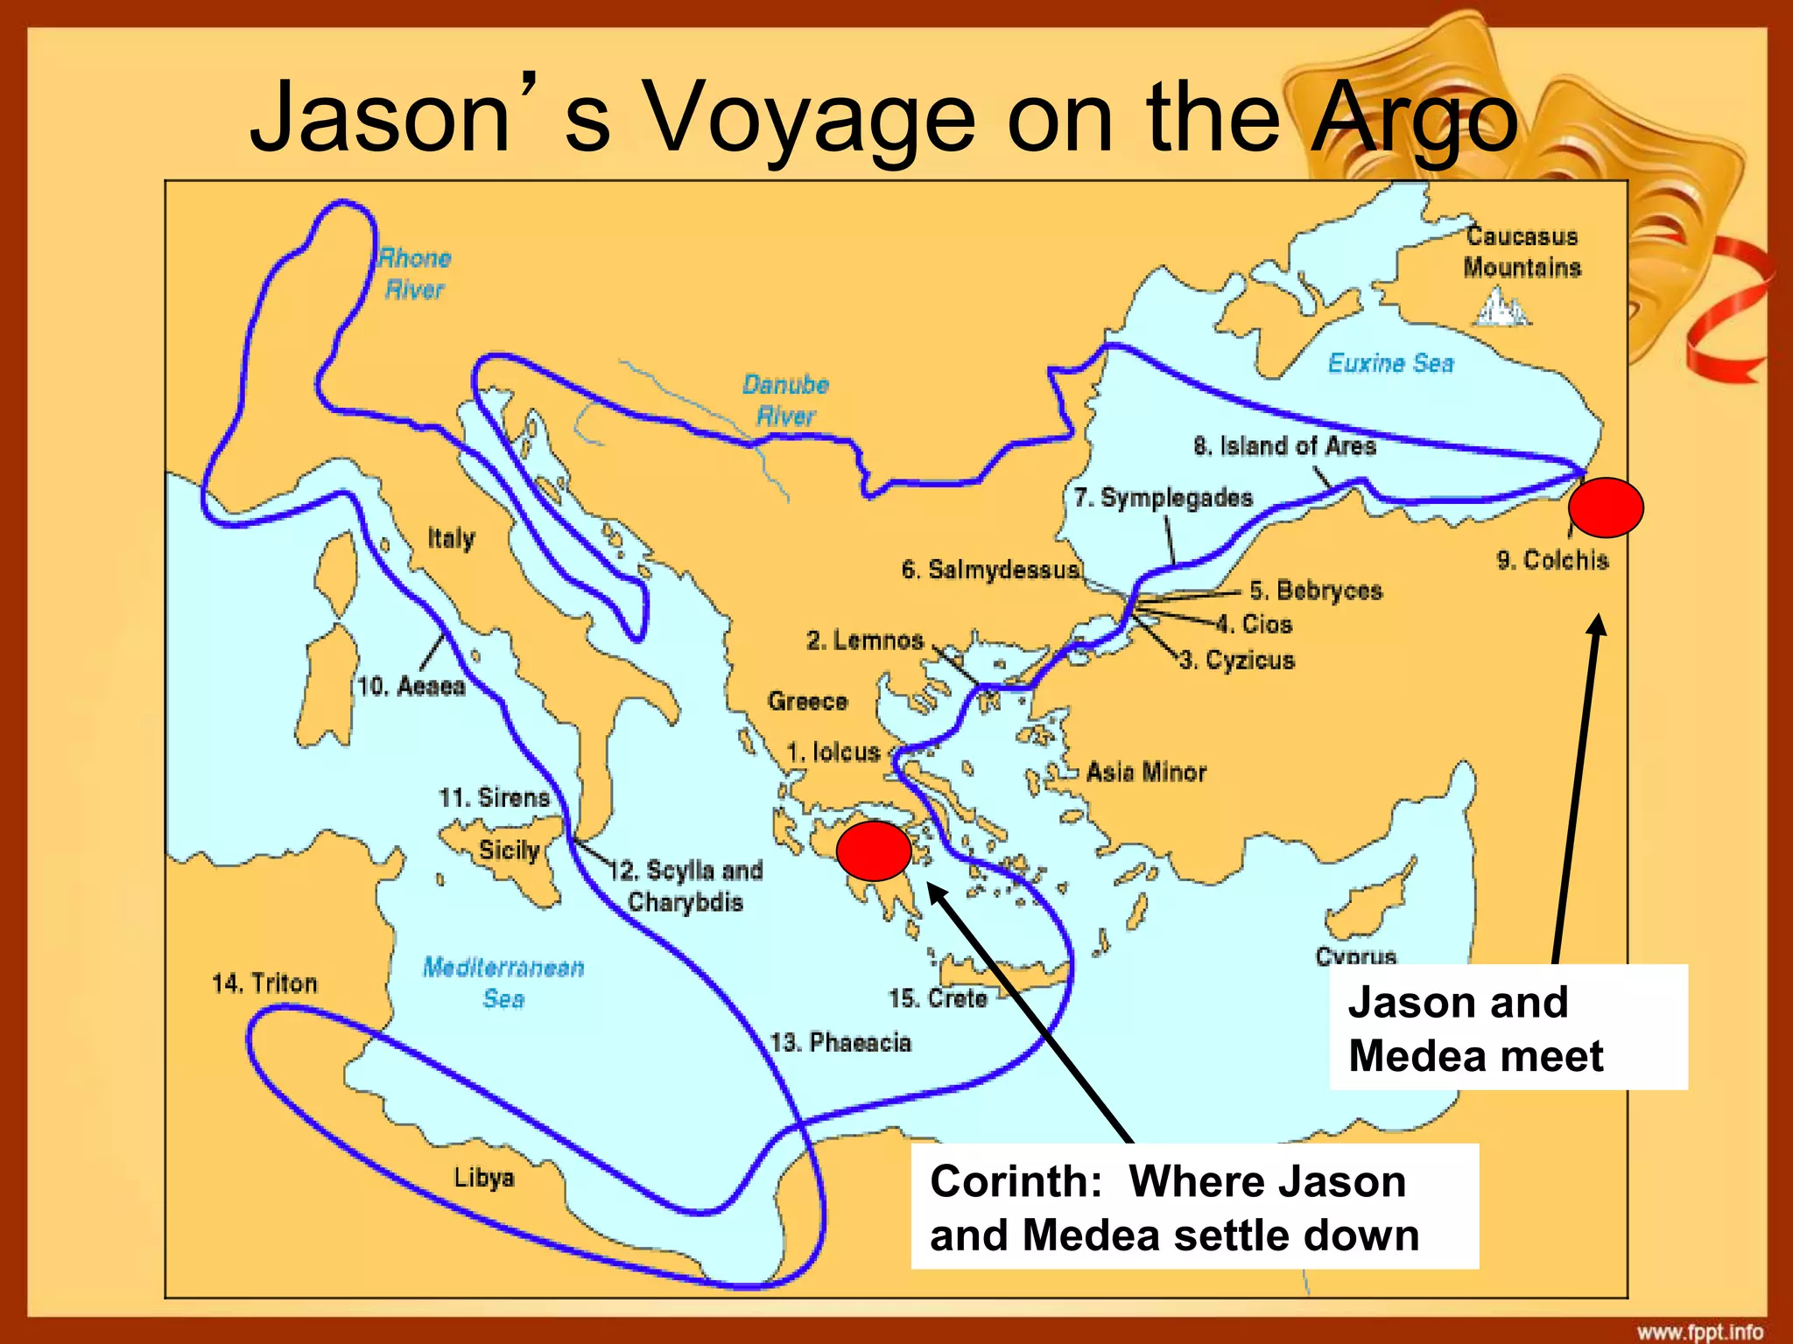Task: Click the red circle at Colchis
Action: pyautogui.click(x=1605, y=507)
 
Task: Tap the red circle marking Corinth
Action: pyautogui.click(x=874, y=850)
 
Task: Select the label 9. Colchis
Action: pyautogui.click(x=1552, y=560)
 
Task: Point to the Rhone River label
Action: pyautogui.click(x=414, y=273)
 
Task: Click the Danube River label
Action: pyautogui.click(x=785, y=400)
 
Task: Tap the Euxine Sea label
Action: pyautogui.click(x=1390, y=363)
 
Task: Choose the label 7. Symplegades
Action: pyautogui.click(x=1164, y=498)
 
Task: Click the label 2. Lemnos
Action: pyautogui.click(x=865, y=640)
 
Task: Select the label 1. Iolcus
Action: pyautogui.click(x=833, y=752)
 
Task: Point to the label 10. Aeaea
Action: pyautogui.click(x=411, y=686)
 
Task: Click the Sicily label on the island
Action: pyautogui.click(x=509, y=850)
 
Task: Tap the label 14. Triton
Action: pyautogui.click(x=264, y=983)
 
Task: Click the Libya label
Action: pyautogui.click(x=483, y=1177)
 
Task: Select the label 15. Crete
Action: pyautogui.click(x=938, y=998)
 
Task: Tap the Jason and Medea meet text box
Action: pyautogui.click(x=1508, y=1027)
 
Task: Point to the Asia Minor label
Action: pyautogui.click(x=1146, y=772)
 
